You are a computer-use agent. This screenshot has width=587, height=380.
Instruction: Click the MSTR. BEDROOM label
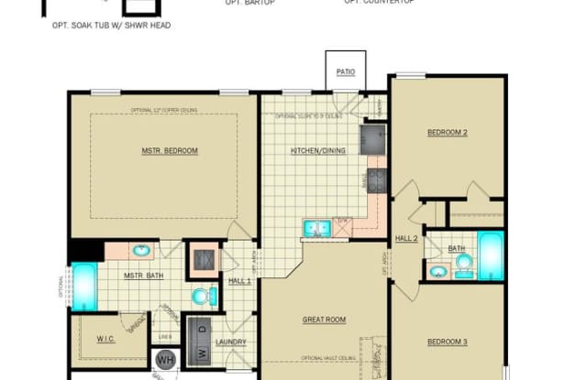tap(170, 150)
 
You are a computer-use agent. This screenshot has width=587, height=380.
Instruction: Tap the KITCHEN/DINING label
tap(317, 150)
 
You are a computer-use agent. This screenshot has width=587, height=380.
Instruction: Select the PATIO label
tap(345, 71)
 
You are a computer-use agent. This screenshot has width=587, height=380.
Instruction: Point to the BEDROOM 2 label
tap(448, 133)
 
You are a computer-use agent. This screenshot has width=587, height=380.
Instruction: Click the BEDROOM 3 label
tap(448, 342)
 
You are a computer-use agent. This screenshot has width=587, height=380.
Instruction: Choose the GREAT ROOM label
tap(324, 320)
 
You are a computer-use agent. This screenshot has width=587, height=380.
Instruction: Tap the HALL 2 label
tap(406, 238)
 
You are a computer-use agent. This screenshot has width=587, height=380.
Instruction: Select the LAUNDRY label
tap(231, 342)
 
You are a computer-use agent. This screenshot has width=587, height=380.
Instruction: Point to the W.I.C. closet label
tap(106, 340)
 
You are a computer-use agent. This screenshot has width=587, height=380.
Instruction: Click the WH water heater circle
tap(166, 360)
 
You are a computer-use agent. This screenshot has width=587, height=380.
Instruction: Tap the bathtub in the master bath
tap(84, 284)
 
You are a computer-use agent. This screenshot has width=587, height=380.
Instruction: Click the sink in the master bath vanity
tap(142, 250)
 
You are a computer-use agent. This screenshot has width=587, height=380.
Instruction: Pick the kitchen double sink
tap(317, 227)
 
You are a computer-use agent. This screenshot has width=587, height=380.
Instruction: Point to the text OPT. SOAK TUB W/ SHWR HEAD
tap(111, 25)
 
